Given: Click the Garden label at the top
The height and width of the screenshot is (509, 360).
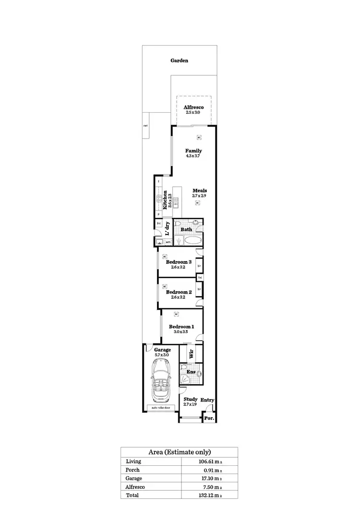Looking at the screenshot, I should [x=180, y=61].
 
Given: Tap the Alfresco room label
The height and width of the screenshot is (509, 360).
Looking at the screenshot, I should [x=193, y=107].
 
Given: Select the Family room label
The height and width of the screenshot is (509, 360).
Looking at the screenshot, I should [x=193, y=151].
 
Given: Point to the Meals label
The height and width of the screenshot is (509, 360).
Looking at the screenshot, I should [x=199, y=190].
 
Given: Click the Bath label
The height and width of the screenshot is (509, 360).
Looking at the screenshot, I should [x=186, y=229].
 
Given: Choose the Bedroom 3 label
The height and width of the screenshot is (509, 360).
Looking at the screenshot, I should [x=179, y=262].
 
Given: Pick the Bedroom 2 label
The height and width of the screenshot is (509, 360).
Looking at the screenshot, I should [x=179, y=292].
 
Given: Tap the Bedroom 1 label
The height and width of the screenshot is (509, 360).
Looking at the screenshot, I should [x=181, y=327].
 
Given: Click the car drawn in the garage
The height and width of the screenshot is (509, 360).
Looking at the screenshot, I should [x=161, y=381].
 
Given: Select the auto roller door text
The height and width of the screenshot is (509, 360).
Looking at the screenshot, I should [x=161, y=408].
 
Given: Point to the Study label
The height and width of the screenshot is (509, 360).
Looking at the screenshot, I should [x=191, y=399].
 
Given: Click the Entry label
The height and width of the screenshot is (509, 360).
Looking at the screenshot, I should [x=207, y=400].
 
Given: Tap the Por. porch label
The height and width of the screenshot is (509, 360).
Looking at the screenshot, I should [x=208, y=418].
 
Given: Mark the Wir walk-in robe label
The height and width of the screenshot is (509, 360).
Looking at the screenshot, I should [x=191, y=355].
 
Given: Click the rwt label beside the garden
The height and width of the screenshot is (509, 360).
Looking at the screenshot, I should [x=145, y=126].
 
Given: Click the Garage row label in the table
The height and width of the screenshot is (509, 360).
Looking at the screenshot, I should [x=134, y=478].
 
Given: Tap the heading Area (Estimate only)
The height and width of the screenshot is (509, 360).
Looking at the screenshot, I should [x=179, y=452].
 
